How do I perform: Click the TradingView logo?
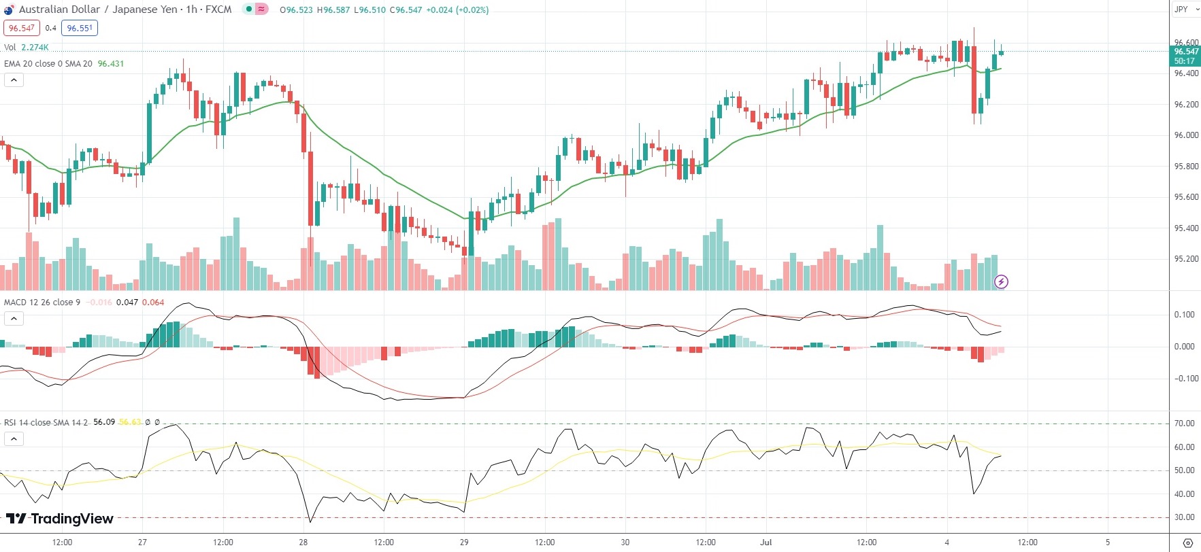tap(60, 519)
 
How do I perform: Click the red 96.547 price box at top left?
tap(22, 28)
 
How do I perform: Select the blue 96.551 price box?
tap(80, 28)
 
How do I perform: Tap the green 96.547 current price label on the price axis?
tap(1186, 52)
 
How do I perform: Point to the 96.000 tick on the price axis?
tap(1186, 135)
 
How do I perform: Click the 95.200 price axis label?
tap(1186, 259)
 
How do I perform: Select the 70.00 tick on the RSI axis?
tap(1185, 424)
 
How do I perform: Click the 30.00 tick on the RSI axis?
tap(1185, 517)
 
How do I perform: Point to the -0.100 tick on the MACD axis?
tap(1184, 379)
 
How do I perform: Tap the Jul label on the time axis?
tap(766, 542)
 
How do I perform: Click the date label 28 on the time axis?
tap(303, 542)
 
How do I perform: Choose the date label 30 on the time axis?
tap(625, 542)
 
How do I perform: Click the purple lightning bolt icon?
tap(1001, 281)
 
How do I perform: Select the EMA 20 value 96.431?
tap(111, 64)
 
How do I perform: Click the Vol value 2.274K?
tap(35, 48)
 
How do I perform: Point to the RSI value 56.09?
tap(104, 422)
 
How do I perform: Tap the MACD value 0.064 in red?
tap(153, 303)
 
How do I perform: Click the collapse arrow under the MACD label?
tap(14, 319)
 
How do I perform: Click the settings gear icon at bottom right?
tap(1187, 542)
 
